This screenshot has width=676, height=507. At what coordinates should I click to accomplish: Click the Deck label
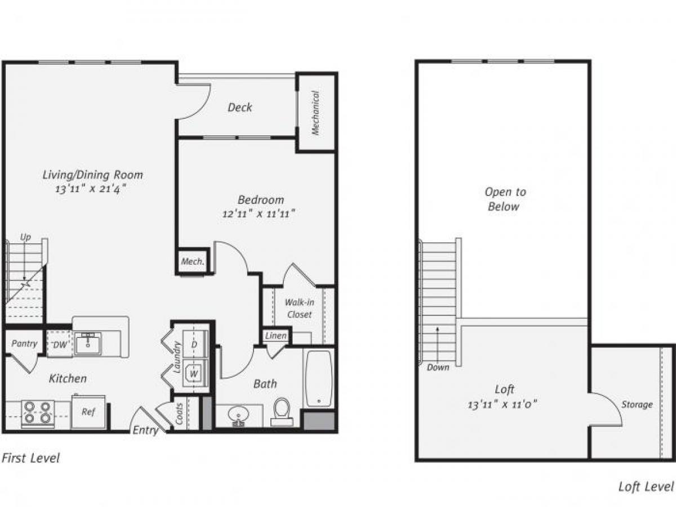[240, 107]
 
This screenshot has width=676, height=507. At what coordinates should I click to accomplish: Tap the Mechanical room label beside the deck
[315, 113]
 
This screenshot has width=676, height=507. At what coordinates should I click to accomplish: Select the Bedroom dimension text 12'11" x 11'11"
[260, 214]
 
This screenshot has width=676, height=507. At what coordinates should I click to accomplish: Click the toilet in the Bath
[281, 411]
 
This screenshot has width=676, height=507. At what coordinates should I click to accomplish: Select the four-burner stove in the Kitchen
[38, 414]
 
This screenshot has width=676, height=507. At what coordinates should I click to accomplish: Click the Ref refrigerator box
[88, 412]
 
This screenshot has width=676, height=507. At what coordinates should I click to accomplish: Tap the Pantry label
[25, 344]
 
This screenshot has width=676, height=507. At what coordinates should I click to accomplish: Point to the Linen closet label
[276, 336]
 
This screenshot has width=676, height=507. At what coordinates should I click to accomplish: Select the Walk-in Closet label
[299, 308]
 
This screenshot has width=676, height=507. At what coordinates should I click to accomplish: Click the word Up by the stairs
[26, 238]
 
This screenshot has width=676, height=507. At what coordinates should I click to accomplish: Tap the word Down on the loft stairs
[438, 367]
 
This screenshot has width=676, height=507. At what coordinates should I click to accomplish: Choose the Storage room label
[637, 404]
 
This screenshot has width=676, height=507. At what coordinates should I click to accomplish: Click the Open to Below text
[505, 199]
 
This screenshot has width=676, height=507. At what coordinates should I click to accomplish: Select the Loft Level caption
[646, 487]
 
